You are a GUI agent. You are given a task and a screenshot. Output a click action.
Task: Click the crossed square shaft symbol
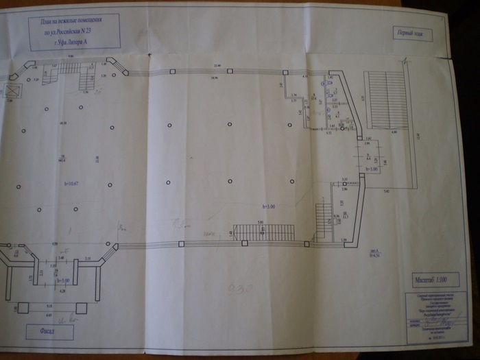coord(12,91)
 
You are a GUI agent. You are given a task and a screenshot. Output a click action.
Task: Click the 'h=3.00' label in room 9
coord(371,168)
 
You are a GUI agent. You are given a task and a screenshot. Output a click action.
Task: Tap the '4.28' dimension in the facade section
coord(62,291)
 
